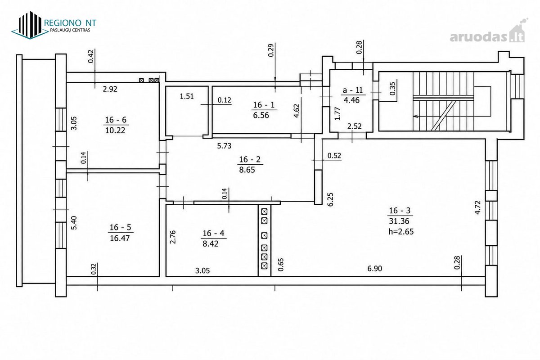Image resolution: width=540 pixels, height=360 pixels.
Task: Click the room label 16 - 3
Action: point(400,211)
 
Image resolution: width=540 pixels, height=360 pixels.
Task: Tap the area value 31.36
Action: point(399,221)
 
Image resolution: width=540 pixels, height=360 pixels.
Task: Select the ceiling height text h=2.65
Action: point(401,231)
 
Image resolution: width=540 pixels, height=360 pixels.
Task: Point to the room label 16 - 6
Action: point(116,120)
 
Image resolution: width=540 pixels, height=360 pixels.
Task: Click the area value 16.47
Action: point(120,238)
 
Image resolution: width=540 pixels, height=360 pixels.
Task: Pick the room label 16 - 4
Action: point(213,233)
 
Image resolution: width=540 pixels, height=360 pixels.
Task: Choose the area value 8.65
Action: point(247,170)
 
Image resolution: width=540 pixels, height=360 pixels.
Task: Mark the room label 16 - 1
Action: point(264,105)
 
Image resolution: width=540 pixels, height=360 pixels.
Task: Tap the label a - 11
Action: point(353,90)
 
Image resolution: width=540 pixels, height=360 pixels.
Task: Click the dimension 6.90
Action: point(374,268)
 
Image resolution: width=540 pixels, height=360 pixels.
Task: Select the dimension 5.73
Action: point(224,146)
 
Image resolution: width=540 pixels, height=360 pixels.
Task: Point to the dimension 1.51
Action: point(187,96)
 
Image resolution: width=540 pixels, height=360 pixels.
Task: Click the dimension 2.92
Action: point(110,89)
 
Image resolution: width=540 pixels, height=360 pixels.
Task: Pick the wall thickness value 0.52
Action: point(334,156)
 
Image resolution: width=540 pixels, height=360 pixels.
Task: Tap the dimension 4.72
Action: point(477,207)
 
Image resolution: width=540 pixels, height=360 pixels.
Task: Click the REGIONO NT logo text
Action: point(70,23)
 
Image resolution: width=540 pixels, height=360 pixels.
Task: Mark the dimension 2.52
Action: point(355,126)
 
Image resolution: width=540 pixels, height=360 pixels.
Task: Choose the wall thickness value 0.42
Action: point(90,56)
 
